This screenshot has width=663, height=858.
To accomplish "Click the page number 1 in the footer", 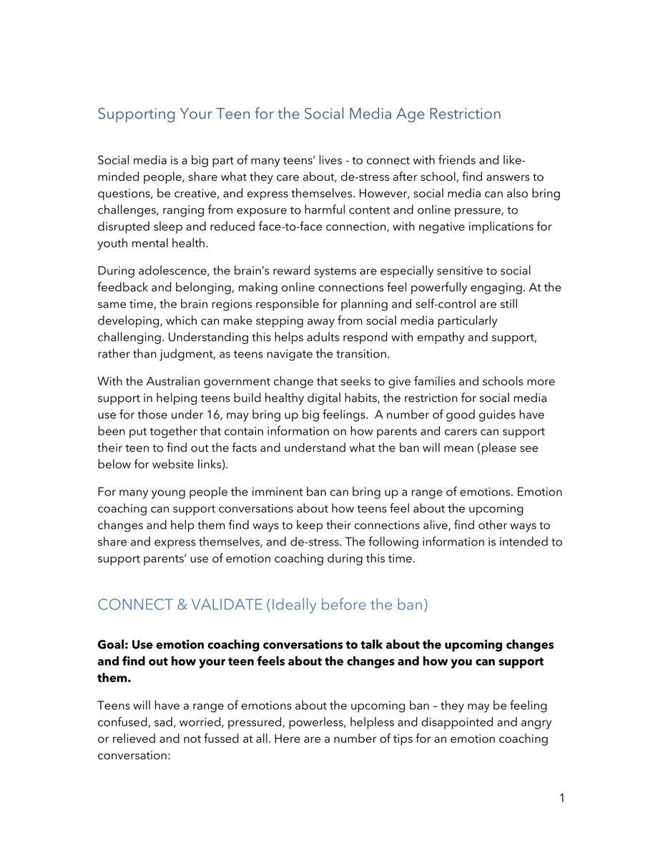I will point(561,798).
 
